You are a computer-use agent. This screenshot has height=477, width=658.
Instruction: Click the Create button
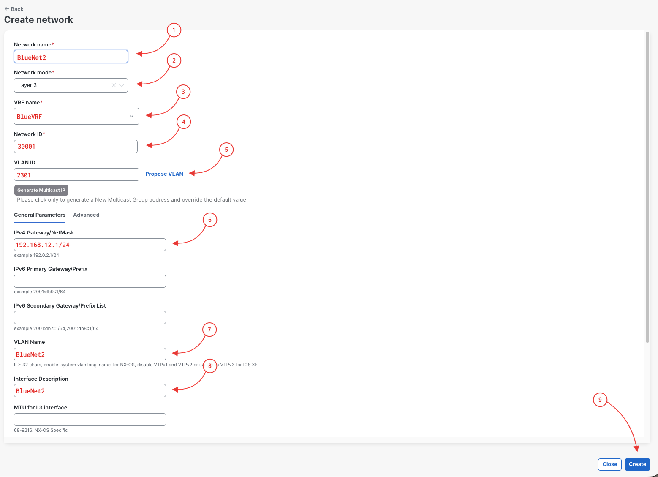(x=637, y=464)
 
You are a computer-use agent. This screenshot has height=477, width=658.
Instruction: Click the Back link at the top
(x=14, y=9)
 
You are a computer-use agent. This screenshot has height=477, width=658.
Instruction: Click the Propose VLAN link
(x=164, y=174)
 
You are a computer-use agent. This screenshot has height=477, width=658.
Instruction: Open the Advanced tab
(x=86, y=215)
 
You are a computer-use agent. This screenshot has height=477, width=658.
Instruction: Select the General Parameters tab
(x=40, y=215)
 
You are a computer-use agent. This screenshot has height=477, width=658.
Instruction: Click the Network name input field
(x=71, y=57)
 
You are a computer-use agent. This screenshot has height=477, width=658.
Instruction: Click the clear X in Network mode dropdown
(x=114, y=85)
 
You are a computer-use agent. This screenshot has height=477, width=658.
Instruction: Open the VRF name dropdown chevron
(x=131, y=116)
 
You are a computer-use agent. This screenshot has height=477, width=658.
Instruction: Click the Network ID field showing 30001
(x=76, y=146)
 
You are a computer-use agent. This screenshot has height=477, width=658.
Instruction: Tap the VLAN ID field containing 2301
(x=77, y=174)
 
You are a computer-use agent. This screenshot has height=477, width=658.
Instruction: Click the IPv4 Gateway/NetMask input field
(x=90, y=245)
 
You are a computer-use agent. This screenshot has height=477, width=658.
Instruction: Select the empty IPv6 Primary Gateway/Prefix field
(x=90, y=281)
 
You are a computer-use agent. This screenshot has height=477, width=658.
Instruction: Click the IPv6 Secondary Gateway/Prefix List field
(x=90, y=317)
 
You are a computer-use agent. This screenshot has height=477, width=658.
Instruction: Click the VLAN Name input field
(x=90, y=354)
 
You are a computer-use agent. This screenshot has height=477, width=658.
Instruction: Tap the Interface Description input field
(x=90, y=390)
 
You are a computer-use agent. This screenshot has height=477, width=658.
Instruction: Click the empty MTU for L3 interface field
(x=90, y=420)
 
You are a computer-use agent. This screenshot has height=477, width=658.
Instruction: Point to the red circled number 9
(x=600, y=400)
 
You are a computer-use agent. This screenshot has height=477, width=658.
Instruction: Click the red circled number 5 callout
(x=226, y=150)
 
